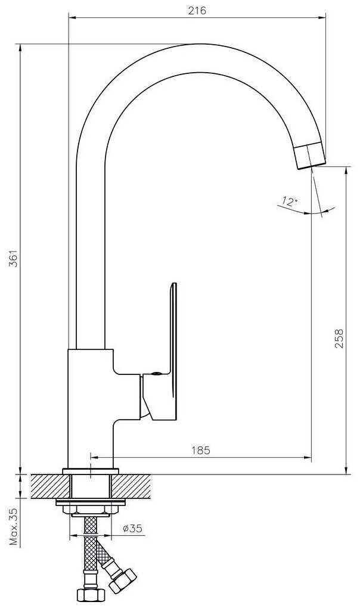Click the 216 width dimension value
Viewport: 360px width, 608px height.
pos(197,11)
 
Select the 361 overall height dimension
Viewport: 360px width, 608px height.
pos(14,258)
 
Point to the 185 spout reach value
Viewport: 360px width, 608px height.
pos(201,450)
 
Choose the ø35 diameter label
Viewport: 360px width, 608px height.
pos(132,528)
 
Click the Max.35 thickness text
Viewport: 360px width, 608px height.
pos(14,526)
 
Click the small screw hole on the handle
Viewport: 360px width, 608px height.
pos(156,373)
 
